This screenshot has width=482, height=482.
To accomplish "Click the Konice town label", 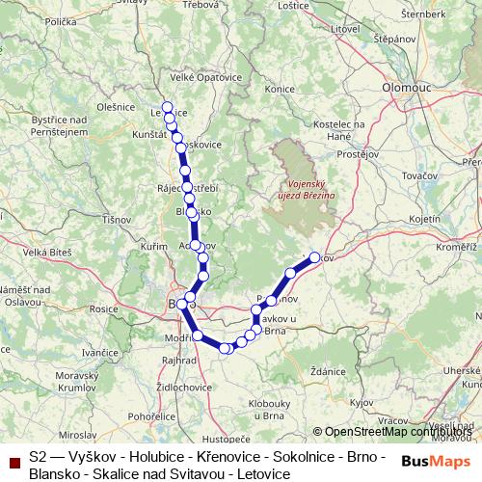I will pyautogui.click(x=279, y=89).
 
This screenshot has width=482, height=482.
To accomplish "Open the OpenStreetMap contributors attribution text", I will pyautogui.click(x=395, y=432).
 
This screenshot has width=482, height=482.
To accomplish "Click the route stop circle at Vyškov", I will pyautogui.click(x=314, y=257).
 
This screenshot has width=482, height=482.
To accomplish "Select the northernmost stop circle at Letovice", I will pyautogui.click(x=167, y=107).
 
